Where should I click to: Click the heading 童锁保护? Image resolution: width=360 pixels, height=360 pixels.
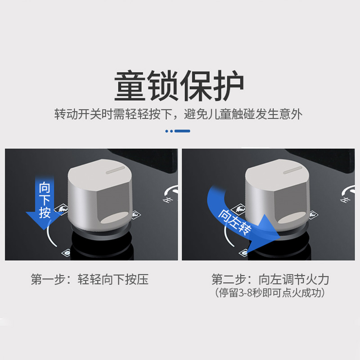[179, 85]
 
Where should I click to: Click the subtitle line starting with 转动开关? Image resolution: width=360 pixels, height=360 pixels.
[178, 114]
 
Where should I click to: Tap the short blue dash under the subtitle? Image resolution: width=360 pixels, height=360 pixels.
[182, 131]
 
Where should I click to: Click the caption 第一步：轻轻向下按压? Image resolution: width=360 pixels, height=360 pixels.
[90, 279]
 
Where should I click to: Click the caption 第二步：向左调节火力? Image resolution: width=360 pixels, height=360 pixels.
[270, 279]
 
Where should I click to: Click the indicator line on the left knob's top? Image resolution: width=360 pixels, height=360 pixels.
[115, 170]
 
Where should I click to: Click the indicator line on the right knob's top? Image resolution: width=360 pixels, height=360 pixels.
[293, 170]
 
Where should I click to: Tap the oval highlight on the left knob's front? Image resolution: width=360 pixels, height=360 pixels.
[115, 217]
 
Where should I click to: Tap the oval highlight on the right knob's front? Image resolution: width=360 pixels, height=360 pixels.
[292, 217]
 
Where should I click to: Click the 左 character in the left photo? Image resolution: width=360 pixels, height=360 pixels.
[167, 200]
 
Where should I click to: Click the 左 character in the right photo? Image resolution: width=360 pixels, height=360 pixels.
[345, 200]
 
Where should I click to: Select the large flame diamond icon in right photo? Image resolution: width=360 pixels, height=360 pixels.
[239, 209]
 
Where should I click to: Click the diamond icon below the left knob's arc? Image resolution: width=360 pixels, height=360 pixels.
[66, 252]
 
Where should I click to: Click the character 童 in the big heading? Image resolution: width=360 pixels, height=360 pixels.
[130, 85]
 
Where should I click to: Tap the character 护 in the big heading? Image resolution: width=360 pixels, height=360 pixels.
[228, 85]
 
